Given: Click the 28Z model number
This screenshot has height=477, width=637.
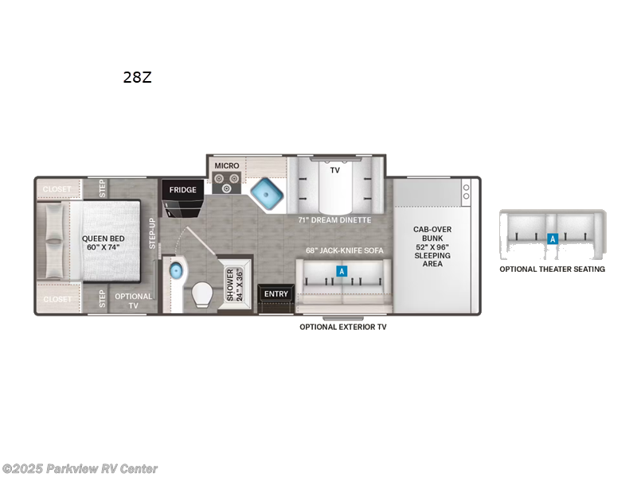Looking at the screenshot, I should pyautogui.click(x=137, y=77).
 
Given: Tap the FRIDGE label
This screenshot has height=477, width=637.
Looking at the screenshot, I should pyautogui.click(x=183, y=191).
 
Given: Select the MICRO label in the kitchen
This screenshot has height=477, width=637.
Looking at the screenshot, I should pyautogui.click(x=226, y=165).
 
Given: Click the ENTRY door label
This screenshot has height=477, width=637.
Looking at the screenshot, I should pyautogui.click(x=276, y=294).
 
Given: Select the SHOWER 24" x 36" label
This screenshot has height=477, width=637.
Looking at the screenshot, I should pyautogui.click(x=235, y=283).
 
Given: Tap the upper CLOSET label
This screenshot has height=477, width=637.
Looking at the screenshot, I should pyautogui.click(x=57, y=189).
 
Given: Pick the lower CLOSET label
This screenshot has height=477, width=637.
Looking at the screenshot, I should pyautogui.click(x=57, y=299).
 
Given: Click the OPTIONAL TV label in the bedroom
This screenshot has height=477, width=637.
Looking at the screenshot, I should pyautogui.click(x=133, y=301).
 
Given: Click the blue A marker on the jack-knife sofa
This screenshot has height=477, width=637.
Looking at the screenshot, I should pyautogui.click(x=342, y=271).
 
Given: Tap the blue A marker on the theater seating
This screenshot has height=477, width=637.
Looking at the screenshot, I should pyautogui.click(x=552, y=238).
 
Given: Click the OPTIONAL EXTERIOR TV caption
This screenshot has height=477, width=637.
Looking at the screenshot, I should pyautogui.click(x=342, y=327).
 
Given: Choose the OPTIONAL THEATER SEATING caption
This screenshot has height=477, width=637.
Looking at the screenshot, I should pyautogui.click(x=552, y=269).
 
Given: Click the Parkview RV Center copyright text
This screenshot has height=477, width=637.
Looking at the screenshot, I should pyautogui.click(x=80, y=468).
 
